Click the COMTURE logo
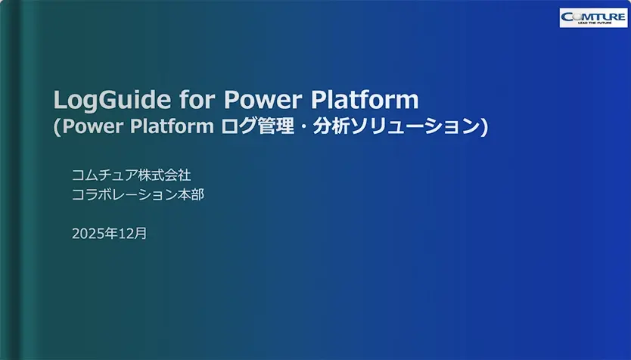tap(593, 17)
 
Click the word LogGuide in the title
tap(112, 101)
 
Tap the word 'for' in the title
tap(197, 99)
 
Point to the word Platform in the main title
tap(365, 99)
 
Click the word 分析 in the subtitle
tap(331, 126)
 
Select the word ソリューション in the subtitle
tap(415, 126)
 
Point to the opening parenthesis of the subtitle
tap(58, 127)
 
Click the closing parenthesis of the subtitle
tap(484, 127)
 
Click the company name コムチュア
tap(104, 175)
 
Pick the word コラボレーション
tap(125, 194)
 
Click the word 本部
tap(191, 194)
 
